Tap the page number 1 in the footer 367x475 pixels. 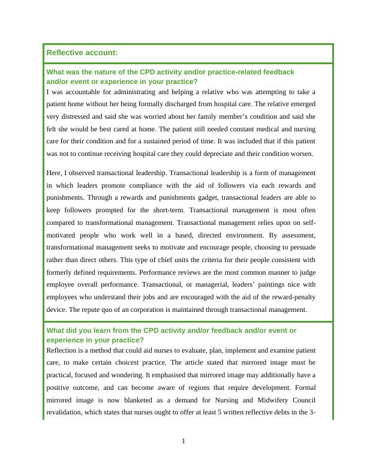point(183,441)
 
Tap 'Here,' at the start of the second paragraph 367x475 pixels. point(55,173)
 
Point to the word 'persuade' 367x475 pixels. point(300,247)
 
